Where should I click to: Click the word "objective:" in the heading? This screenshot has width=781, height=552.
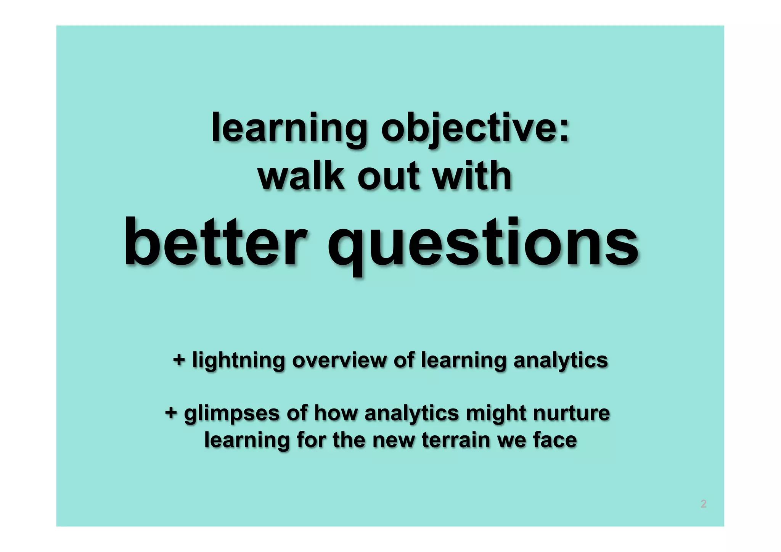pos(475,128)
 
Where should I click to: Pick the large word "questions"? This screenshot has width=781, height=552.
pos(483,244)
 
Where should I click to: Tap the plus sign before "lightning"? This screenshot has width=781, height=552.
pos(179,360)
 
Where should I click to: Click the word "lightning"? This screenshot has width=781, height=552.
pos(238,360)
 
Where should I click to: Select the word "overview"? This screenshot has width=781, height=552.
pos(339,360)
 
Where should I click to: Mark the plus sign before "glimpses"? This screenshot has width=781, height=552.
pos(171,413)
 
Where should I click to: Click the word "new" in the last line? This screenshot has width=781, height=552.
pos(393,440)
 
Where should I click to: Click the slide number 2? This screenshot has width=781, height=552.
pos(704,504)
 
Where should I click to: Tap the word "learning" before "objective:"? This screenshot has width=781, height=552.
pos(289,128)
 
